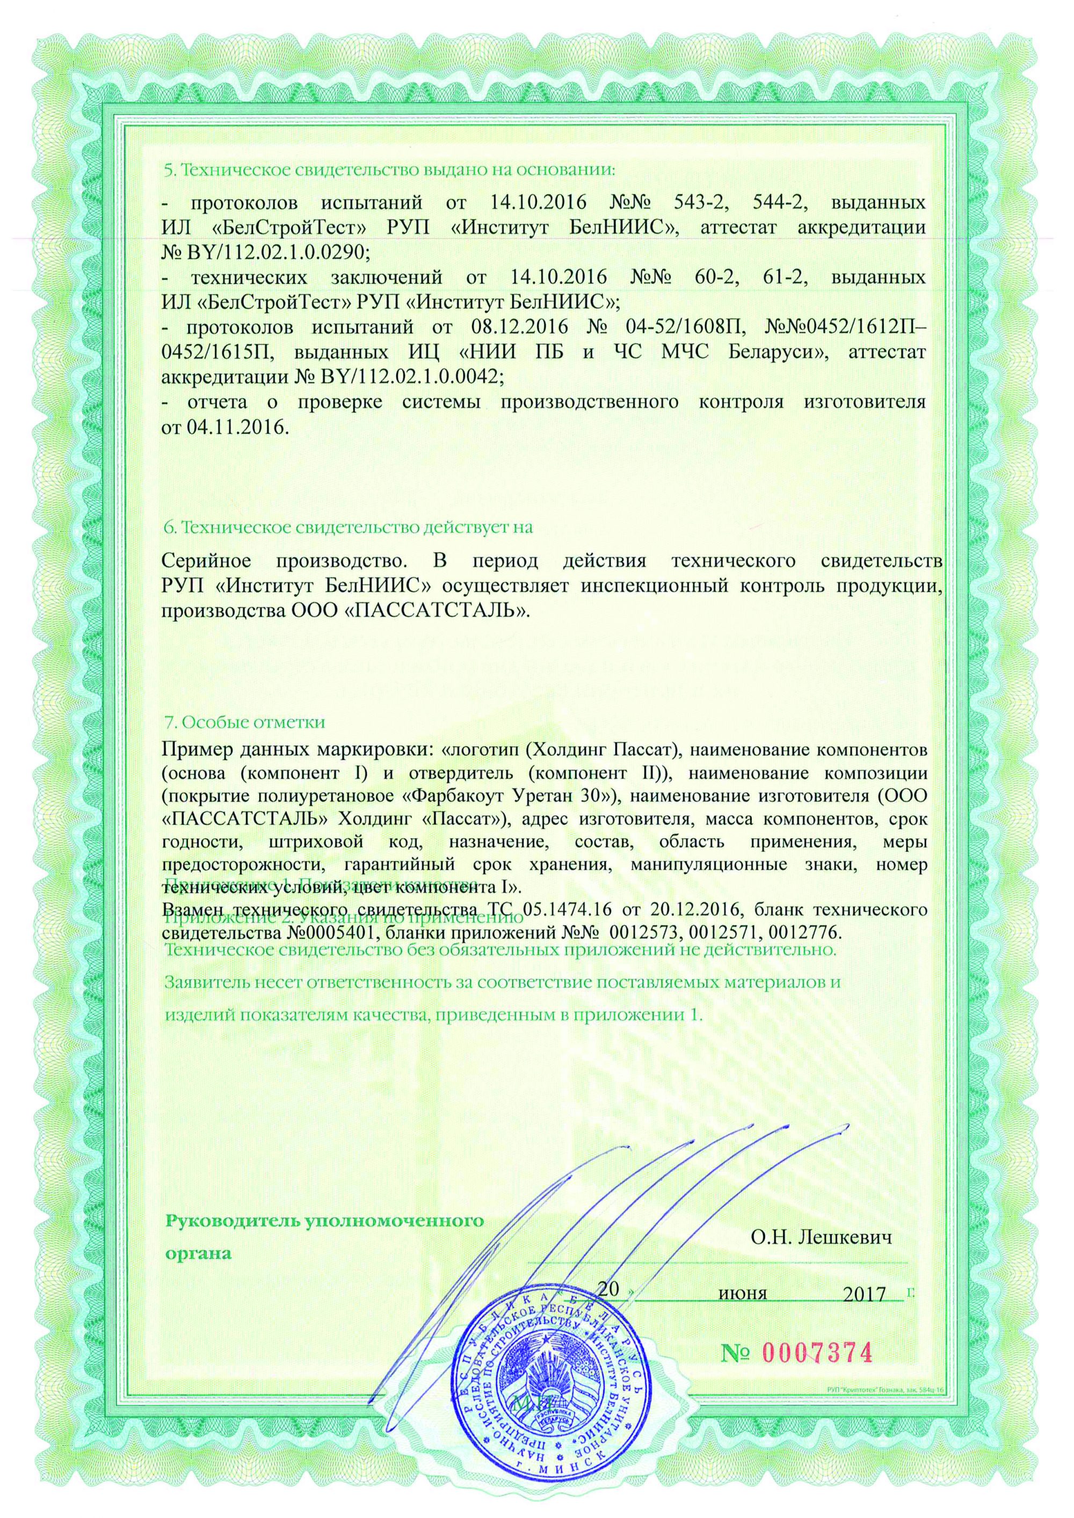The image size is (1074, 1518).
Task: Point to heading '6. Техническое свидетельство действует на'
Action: click(347, 528)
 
